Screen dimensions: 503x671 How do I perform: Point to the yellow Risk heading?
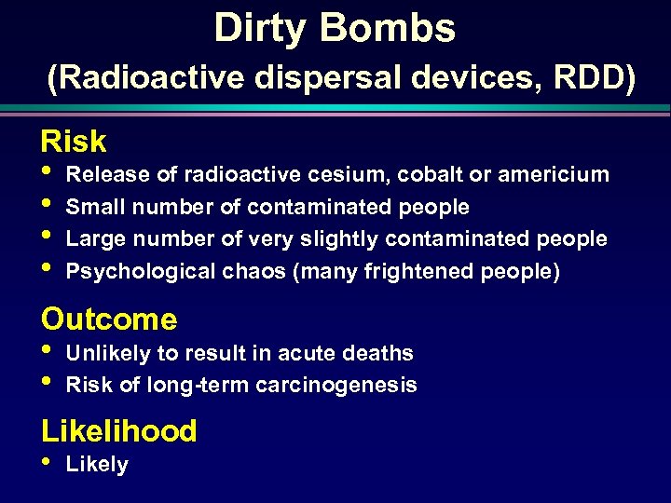coord(74,142)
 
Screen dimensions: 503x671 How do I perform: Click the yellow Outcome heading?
coord(109,319)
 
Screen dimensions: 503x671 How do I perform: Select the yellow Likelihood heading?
coord(119,431)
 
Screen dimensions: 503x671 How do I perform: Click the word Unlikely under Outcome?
coord(105,353)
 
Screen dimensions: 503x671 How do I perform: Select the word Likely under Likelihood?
coord(97,464)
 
